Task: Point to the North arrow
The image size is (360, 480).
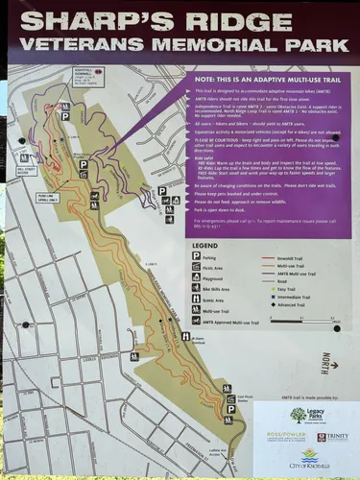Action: click(x=326, y=362)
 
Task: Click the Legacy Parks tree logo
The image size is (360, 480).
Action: click(x=299, y=414)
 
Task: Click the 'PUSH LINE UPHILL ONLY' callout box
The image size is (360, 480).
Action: click(x=47, y=198)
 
